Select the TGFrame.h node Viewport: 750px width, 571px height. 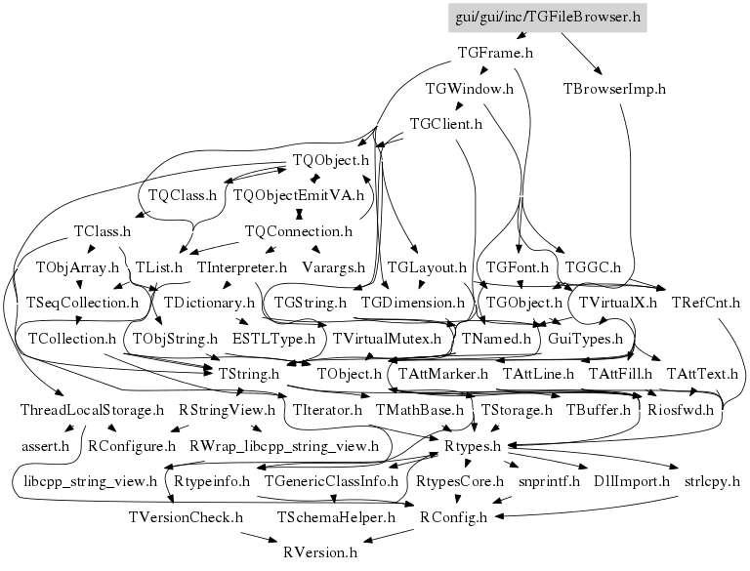click(495, 53)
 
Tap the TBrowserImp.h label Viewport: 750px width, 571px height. click(614, 89)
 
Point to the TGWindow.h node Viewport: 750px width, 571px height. click(470, 89)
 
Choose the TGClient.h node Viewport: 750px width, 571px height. click(446, 124)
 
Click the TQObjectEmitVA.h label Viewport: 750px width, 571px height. click(298, 195)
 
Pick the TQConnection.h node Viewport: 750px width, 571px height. click(298, 231)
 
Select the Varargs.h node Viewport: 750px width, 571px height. click(333, 266)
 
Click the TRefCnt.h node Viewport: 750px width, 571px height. click(706, 303)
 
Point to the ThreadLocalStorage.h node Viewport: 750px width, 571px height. click(92, 410)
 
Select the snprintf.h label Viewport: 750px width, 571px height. click(549, 481)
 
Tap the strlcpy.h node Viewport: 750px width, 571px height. click(712, 481)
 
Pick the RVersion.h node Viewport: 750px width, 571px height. click(320, 552)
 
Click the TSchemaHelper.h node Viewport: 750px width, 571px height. click(336, 516)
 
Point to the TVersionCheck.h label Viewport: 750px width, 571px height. click(186, 516)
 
